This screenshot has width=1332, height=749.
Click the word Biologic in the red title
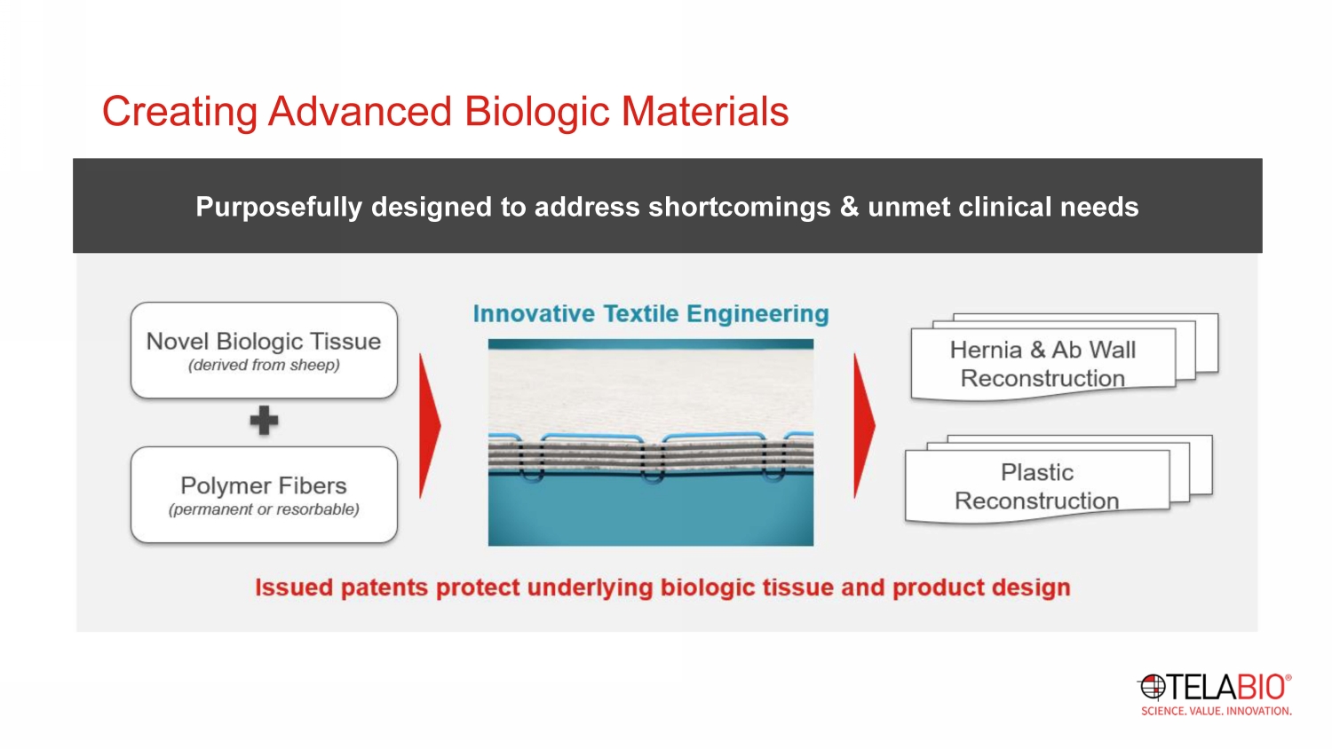point(537,112)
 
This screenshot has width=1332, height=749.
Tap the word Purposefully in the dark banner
point(279,208)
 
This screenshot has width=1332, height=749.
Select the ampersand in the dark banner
point(849,207)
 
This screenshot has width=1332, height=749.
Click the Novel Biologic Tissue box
point(264,351)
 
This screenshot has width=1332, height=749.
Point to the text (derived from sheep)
point(264,365)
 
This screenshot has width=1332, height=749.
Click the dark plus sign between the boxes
point(264,421)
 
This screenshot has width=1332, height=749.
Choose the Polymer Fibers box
point(264,494)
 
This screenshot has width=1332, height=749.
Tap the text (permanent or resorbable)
point(264,509)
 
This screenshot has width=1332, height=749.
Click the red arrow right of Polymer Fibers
point(430,426)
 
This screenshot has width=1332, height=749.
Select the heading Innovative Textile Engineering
point(651,314)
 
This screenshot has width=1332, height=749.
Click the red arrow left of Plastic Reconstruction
point(865,426)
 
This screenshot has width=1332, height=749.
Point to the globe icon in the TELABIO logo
point(1152,687)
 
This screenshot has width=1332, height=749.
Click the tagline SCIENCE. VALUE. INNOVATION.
point(1216,711)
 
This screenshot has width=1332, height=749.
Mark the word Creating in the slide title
point(179,113)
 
